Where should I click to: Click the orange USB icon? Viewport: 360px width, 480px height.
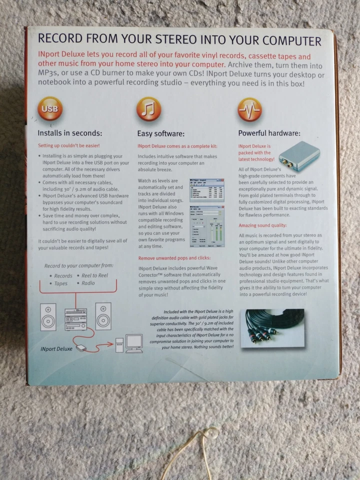tap(50, 109)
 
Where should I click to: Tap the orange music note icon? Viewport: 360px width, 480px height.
tap(148, 109)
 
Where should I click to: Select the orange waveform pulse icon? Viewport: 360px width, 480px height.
tap(249, 109)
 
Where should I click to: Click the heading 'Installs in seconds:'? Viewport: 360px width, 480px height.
tap(70, 133)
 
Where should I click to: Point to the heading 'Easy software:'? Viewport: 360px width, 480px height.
tap(161, 133)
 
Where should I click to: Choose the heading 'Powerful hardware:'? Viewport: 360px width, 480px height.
tap(269, 133)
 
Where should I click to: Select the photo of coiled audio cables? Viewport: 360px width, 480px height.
tap(272, 328)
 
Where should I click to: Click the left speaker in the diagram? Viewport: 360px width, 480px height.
tap(48, 316)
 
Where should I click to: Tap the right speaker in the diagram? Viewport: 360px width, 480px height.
tap(103, 315)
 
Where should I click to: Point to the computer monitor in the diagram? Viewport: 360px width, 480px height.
tap(134, 341)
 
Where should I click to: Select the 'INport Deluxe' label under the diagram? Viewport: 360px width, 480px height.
tap(56, 348)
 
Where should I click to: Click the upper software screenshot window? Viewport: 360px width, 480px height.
tap(207, 189)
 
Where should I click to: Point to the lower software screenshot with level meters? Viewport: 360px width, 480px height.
tap(207, 226)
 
